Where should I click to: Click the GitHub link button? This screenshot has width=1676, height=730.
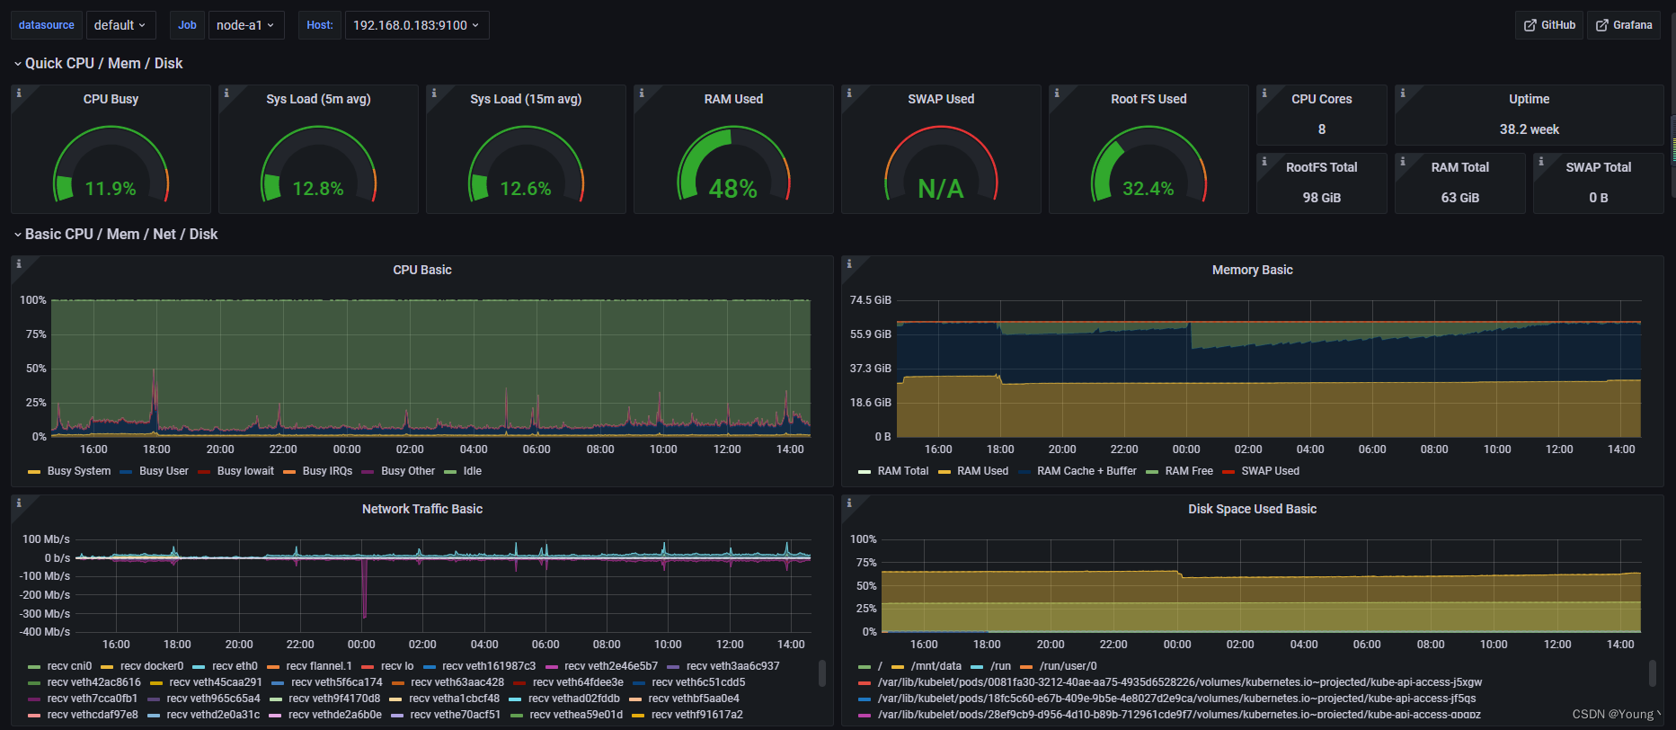[1548, 25]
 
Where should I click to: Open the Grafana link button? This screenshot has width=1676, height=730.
[1623, 25]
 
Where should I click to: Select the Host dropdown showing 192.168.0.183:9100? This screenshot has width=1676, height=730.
[416, 25]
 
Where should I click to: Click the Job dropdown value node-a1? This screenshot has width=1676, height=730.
[245, 25]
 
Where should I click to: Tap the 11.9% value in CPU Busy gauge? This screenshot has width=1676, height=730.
[111, 189]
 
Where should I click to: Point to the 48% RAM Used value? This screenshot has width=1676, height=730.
[732, 189]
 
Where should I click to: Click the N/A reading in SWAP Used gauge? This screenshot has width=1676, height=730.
[940, 189]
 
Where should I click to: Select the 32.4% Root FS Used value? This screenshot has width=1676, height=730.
[1148, 189]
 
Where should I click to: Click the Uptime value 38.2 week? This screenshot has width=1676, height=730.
[1529, 129]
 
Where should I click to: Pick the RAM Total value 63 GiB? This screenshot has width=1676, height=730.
[1459, 198]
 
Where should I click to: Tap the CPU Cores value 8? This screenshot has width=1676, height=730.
[1321, 129]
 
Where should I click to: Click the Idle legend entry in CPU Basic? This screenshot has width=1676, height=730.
[472, 471]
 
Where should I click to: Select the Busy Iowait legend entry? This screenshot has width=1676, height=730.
[244, 471]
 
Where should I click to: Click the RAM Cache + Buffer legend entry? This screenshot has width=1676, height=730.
[1086, 471]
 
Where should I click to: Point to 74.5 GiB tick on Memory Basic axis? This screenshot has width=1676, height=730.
[870, 300]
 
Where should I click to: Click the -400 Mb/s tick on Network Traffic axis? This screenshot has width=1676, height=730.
[46, 632]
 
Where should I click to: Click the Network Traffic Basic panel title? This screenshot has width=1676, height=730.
[421, 509]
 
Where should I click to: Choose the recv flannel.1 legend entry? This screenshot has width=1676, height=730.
[318, 666]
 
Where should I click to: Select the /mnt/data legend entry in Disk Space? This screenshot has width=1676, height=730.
[936, 666]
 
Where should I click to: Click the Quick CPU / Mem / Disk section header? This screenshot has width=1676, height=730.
[103, 63]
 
